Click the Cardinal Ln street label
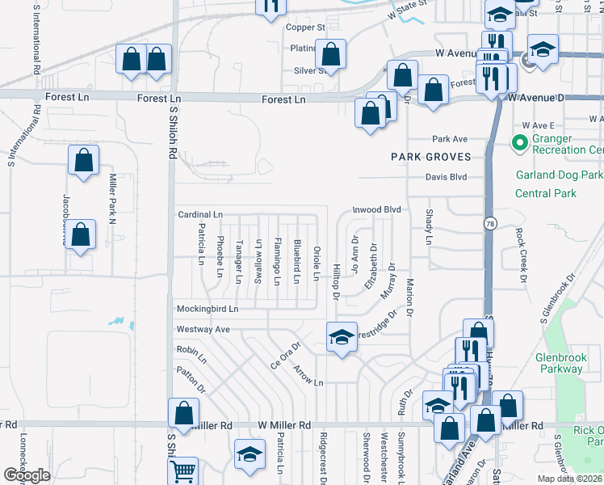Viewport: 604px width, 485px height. coord(199,214)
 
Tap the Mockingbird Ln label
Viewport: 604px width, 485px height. coord(208,309)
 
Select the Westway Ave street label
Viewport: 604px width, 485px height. coord(203,329)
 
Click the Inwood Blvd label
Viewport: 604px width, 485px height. coord(376,209)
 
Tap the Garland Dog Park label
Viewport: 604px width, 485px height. coord(559,175)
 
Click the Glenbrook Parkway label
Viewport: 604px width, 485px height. coord(559,363)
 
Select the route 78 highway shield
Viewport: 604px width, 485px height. coord(490,222)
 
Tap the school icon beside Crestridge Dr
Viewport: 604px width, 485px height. coord(342,337)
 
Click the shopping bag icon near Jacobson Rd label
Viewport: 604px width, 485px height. coord(80,237)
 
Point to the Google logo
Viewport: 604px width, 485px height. coord(27,475)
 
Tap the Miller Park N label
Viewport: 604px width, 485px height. coord(113,199)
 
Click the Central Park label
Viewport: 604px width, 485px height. coord(546,193)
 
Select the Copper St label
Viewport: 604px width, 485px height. coord(305,27)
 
